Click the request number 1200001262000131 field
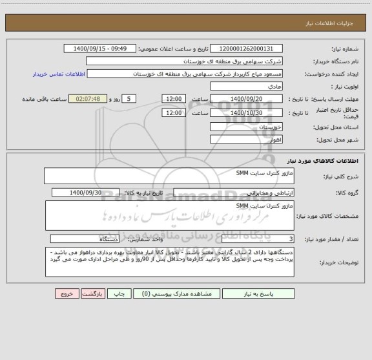pos(247,48)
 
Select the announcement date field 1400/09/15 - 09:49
pos(101,48)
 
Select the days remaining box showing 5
pos(130,98)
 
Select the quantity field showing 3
pos(258,238)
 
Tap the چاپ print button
pos(119,293)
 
